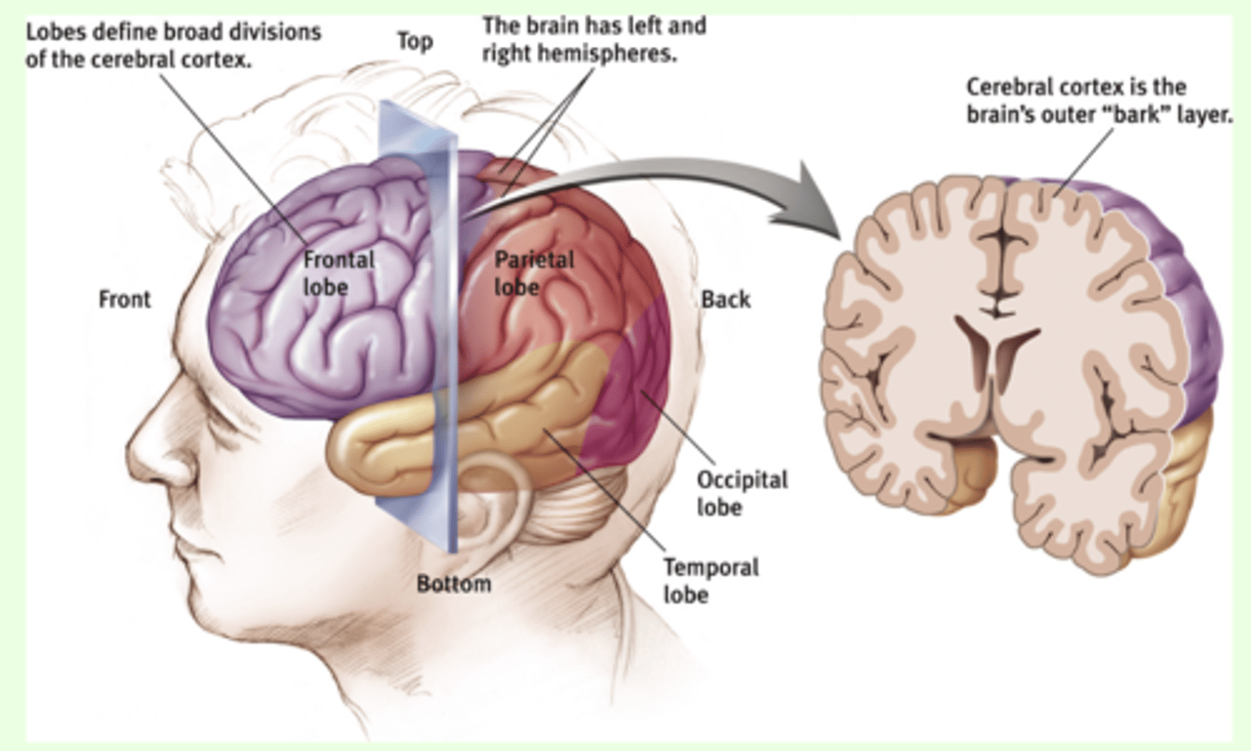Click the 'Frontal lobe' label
(338, 273)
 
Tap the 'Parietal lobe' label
(533, 273)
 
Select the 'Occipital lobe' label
(741, 493)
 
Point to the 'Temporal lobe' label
(710, 581)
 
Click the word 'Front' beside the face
(124, 299)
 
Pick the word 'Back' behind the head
(725, 299)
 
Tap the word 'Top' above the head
(414, 41)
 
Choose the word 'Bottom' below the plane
(453, 583)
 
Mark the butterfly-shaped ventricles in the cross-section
(997, 348)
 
